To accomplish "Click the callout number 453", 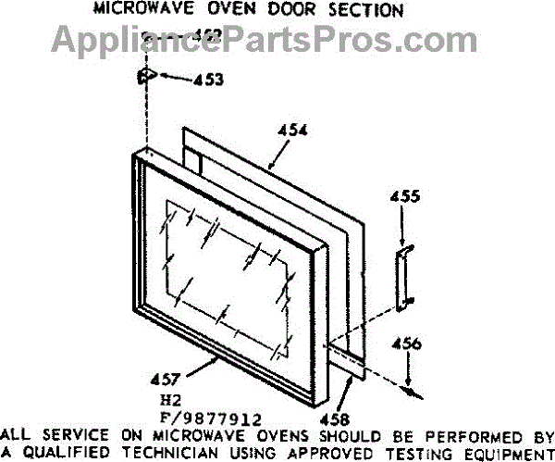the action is pyautogui.click(x=208, y=80).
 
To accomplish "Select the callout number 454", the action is pyautogui.click(x=294, y=131).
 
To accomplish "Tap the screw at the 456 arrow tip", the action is pyautogui.click(x=411, y=388).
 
